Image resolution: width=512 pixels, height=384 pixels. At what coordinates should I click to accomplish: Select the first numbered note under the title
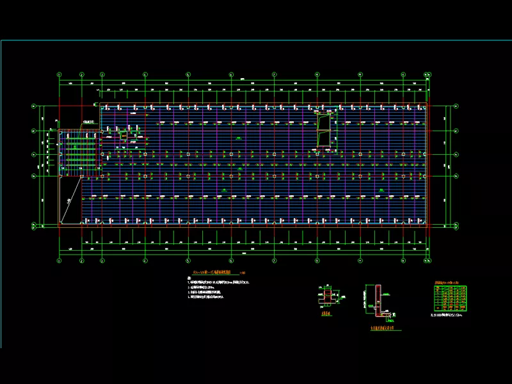coord(218,282)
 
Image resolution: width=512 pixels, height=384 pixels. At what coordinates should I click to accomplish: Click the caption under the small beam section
coord(326,314)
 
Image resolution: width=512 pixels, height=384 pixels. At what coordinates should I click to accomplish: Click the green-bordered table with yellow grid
coord(451,298)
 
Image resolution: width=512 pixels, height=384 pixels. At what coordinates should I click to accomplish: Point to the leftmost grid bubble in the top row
coord(59,74)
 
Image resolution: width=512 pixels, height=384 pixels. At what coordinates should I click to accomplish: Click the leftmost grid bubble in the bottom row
coord(59,261)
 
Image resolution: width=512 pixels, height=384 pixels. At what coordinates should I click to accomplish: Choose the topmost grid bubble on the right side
coord(456,106)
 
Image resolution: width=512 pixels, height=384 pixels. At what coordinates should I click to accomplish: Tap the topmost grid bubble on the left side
coord(34,106)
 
